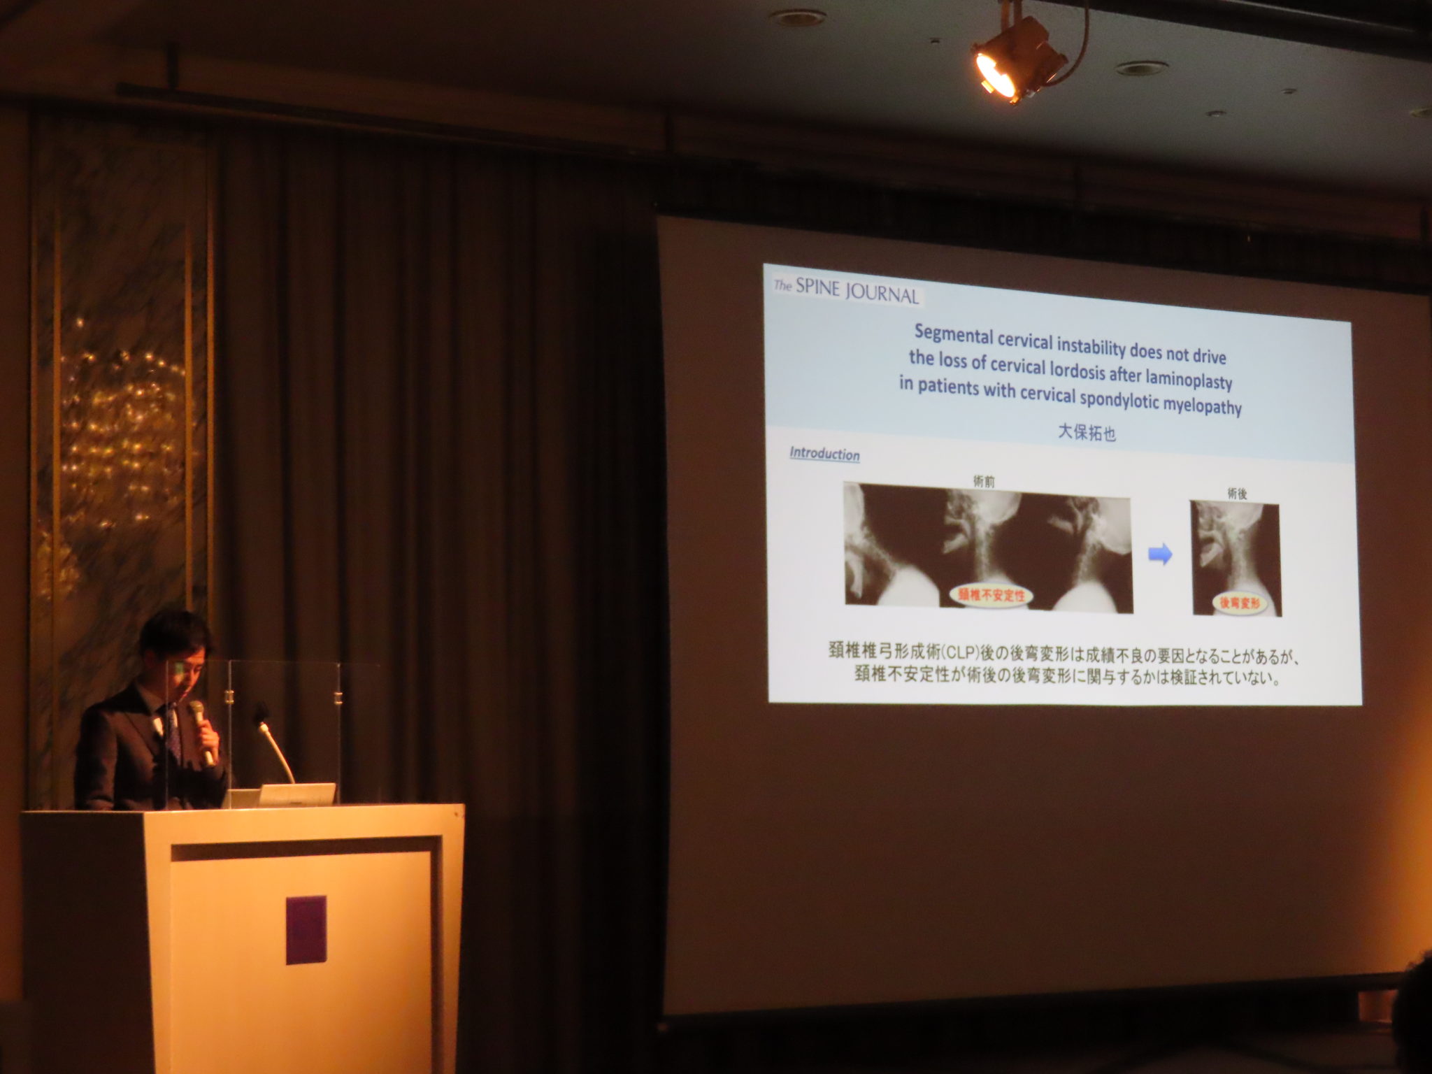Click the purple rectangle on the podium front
(x=306, y=930)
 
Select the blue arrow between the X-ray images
(x=1160, y=555)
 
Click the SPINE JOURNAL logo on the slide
(x=845, y=291)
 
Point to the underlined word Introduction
(x=824, y=454)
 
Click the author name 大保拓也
(x=1087, y=433)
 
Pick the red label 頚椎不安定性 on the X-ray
(x=991, y=595)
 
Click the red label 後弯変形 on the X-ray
(x=1239, y=602)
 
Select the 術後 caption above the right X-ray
(x=1237, y=494)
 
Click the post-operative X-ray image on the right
(x=1236, y=559)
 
